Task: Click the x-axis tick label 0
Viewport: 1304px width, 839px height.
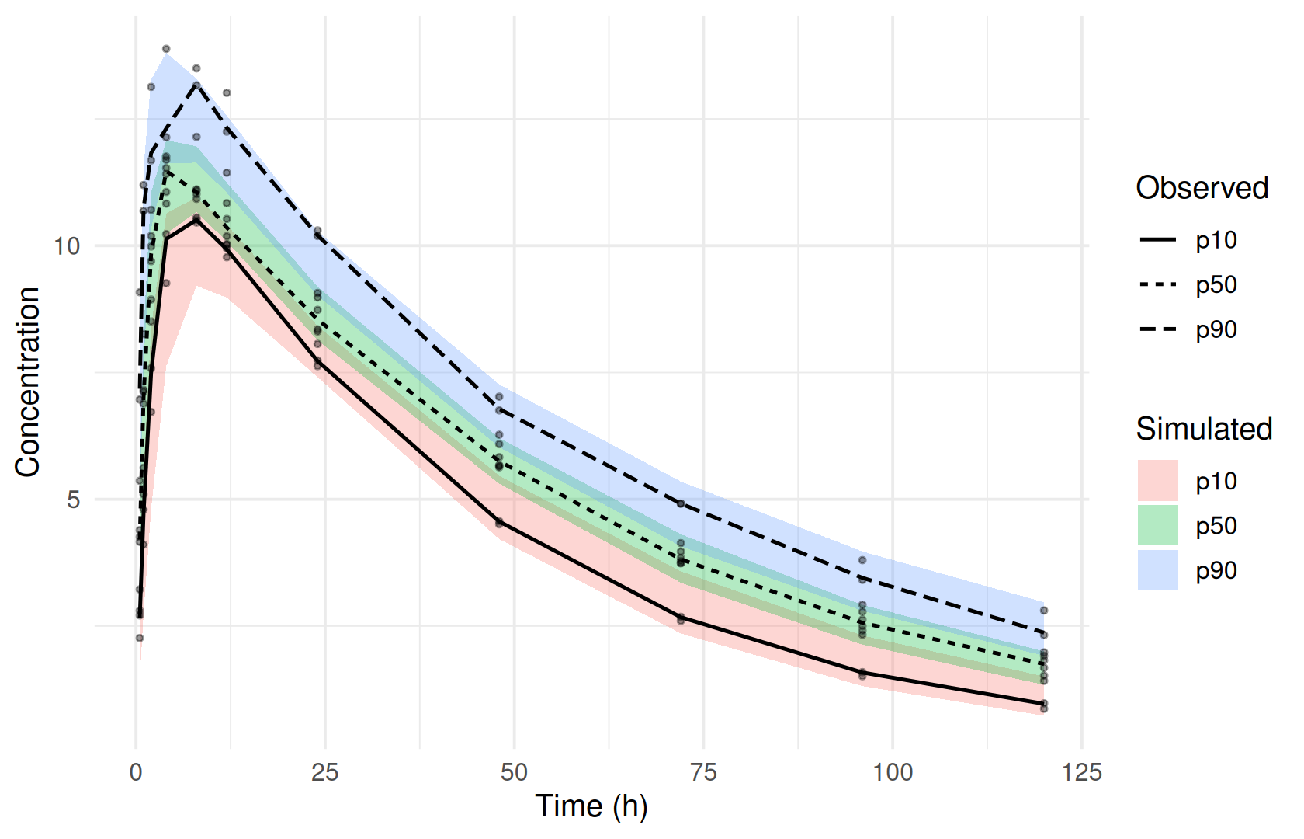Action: tap(136, 772)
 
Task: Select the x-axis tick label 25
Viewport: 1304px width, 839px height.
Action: tap(324, 772)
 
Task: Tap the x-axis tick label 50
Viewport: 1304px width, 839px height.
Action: tap(514, 772)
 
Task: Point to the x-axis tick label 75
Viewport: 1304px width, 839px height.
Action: tap(703, 772)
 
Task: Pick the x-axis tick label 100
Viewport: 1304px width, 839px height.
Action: tap(893, 772)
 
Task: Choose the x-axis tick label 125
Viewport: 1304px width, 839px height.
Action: tap(1082, 772)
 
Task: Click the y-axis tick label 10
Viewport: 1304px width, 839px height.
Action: tap(67, 246)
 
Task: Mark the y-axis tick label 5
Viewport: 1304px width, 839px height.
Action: tap(73, 500)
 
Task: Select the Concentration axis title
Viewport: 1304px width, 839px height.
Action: tap(27, 381)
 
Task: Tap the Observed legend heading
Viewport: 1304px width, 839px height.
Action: tap(1202, 188)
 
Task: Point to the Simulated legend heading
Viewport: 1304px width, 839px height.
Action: tap(1204, 429)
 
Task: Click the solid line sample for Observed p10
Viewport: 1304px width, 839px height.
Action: tap(1158, 240)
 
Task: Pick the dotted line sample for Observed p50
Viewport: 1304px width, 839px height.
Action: tap(1158, 285)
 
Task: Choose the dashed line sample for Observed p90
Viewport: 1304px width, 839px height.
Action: tap(1158, 329)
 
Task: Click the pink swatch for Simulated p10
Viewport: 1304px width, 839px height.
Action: tap(1158, 481)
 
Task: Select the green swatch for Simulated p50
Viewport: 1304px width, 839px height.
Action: tap(1158, 525)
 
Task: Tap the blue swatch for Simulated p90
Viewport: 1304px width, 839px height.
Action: tap(1158, 570)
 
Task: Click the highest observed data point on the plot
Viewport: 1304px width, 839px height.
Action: tap(166, 49)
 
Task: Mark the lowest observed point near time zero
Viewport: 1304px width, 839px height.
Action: tap(140, 638)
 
